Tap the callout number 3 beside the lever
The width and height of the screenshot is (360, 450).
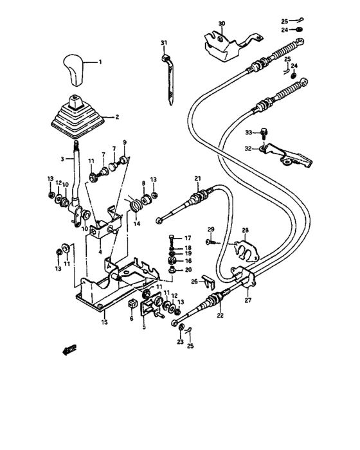click(64, 159)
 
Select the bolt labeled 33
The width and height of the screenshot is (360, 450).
click(264, 133)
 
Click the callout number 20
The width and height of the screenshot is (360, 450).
click(188, 270)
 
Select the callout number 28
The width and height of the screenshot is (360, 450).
click(244, 230)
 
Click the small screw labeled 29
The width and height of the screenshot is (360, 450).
click(210, 241)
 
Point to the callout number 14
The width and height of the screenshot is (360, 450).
click(137, 224)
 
